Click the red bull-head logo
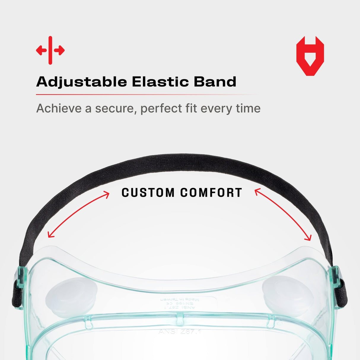310,56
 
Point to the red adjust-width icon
50,50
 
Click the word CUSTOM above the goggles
148,193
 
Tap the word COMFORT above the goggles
211,193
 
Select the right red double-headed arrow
283,215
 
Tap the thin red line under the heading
147,95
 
